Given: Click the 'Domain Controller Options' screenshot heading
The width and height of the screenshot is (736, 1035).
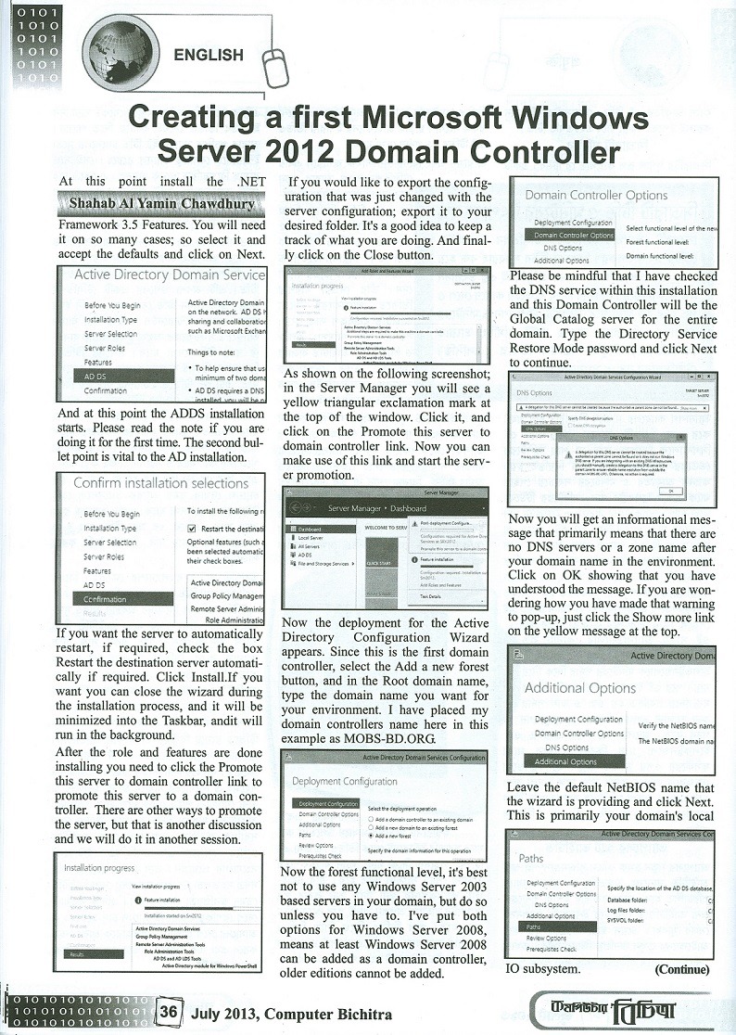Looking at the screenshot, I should coord(596,196).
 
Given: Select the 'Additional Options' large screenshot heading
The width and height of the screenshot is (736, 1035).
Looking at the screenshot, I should coord(579,687).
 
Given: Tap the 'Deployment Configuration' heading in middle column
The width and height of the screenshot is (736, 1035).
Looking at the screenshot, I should coord(344,781).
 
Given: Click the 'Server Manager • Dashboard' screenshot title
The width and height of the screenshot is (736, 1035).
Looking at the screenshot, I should coord(376,508).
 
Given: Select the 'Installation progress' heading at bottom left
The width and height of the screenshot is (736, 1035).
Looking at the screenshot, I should coord(99,868).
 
